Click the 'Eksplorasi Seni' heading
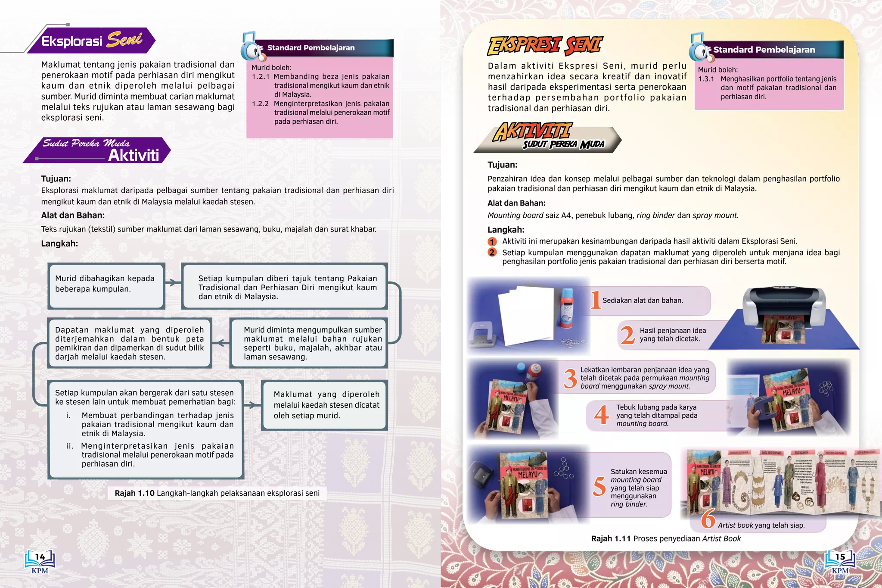coord(91,41)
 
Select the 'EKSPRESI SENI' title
coord(545,46)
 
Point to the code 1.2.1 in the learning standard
coord(261,77)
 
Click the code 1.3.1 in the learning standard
coord(706,79)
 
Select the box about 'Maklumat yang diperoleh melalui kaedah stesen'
coord(326,405)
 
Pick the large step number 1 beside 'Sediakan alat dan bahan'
coord(595,300)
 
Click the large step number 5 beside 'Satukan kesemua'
coord(599,486)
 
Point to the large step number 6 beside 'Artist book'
coord(708,519)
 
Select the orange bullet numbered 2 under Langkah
coord(492,253)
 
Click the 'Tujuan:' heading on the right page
coord(502,165)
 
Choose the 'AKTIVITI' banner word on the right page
coord(532,131)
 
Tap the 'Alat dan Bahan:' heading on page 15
coord(516,203)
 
